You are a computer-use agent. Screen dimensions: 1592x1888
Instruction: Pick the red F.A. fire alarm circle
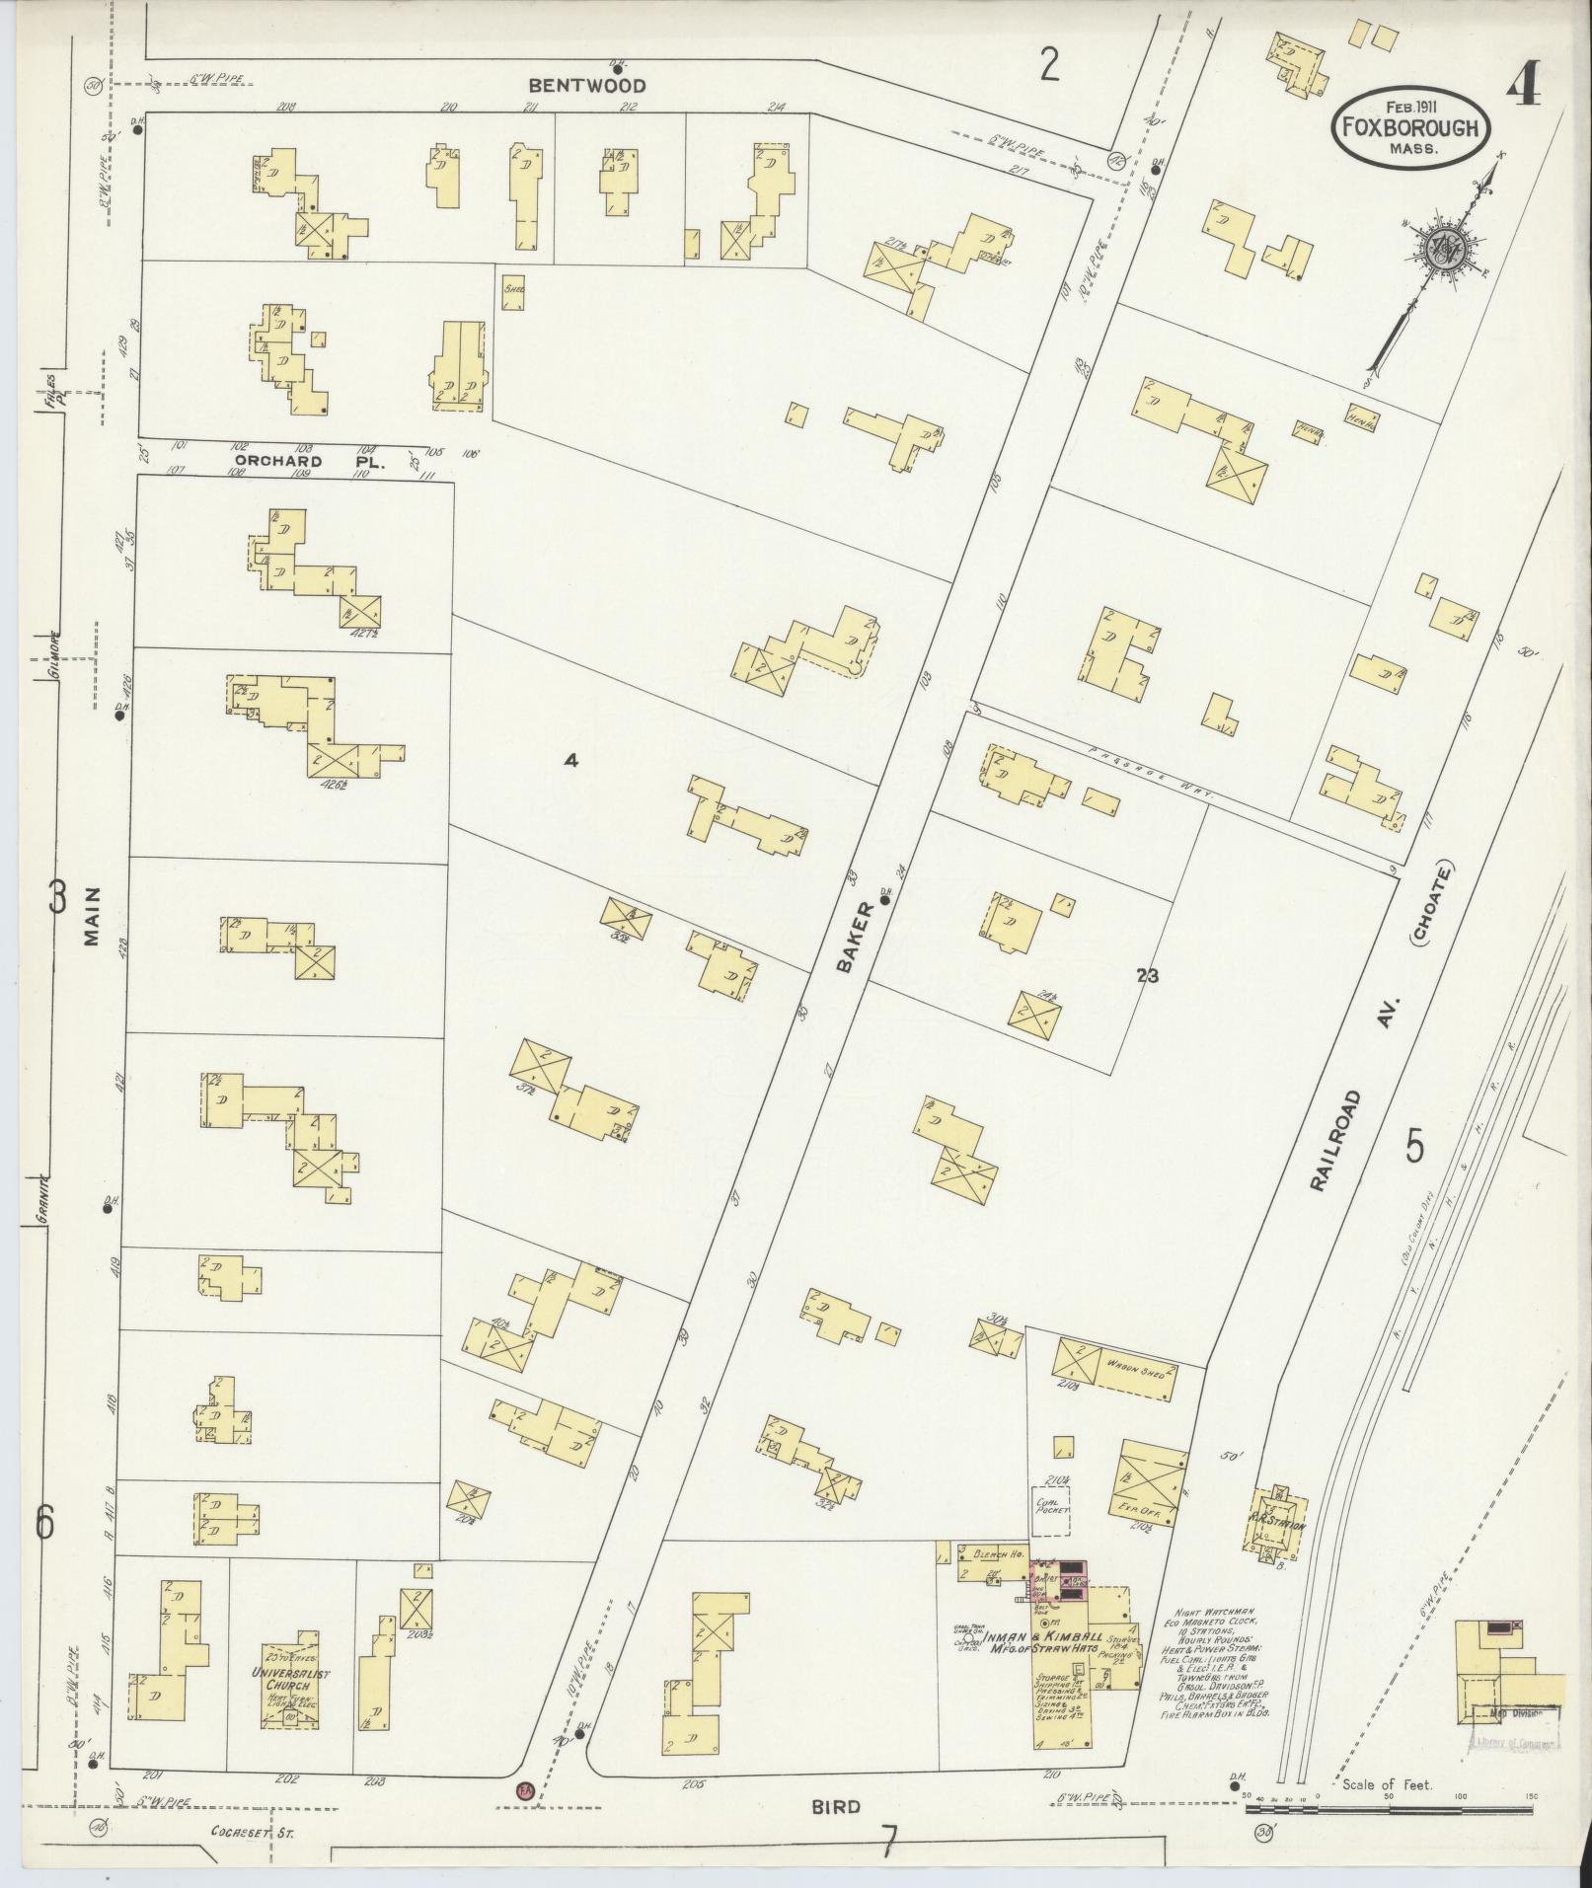pos(524,1788)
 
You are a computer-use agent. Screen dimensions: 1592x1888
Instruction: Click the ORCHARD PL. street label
pos(278,461)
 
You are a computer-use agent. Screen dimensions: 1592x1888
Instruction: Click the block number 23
pos(1147,976)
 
